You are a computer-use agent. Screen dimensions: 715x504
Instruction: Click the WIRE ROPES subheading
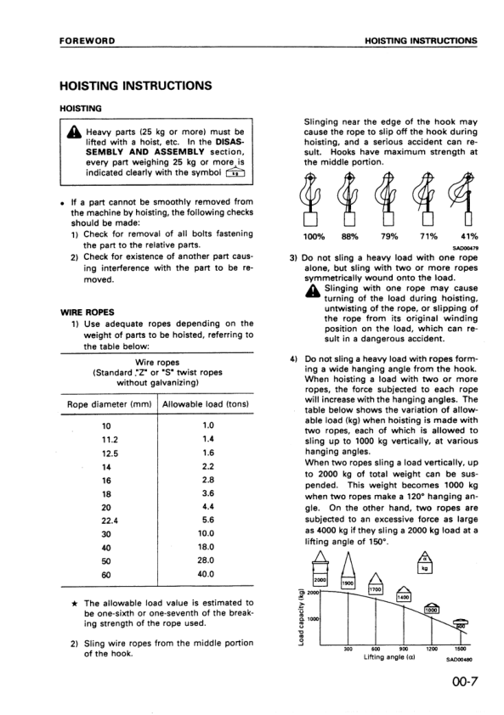83,312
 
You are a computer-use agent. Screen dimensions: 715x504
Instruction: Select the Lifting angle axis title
391,657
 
